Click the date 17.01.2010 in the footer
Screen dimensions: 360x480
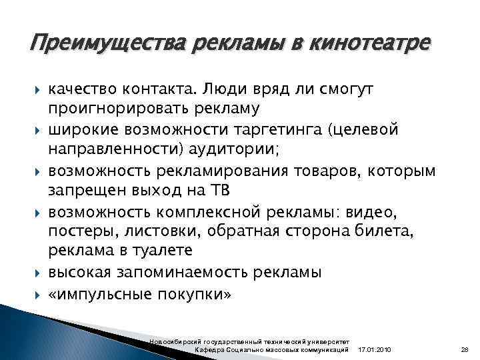375,351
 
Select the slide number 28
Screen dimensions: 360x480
465,351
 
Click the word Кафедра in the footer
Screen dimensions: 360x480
207,351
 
